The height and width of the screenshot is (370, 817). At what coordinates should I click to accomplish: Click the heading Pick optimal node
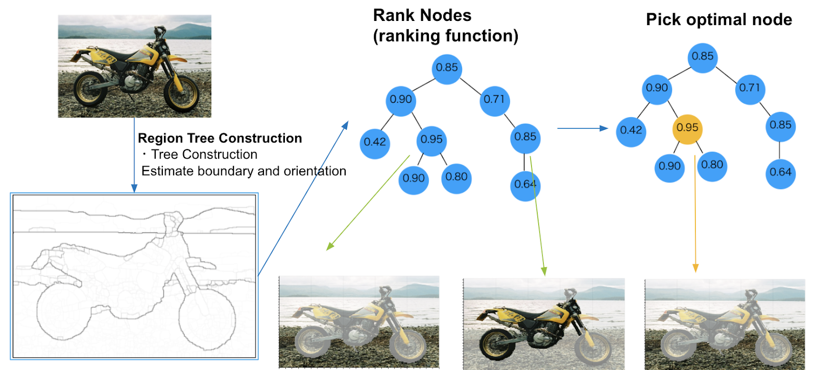(719, 20)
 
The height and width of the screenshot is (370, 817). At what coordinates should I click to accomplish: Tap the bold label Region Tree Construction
(220, 138)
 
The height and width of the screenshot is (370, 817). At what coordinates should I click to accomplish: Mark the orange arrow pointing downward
(695, 214)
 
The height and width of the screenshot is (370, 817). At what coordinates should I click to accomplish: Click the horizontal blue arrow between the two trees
(583, 128)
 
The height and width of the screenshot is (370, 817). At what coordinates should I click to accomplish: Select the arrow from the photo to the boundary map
(134, 155)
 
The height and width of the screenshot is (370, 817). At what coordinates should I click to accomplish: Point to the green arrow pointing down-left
(368, 203)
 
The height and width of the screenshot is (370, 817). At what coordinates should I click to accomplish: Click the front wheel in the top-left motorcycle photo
(181, 93)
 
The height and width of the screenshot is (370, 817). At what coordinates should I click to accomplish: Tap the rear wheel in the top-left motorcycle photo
(88, 89)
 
